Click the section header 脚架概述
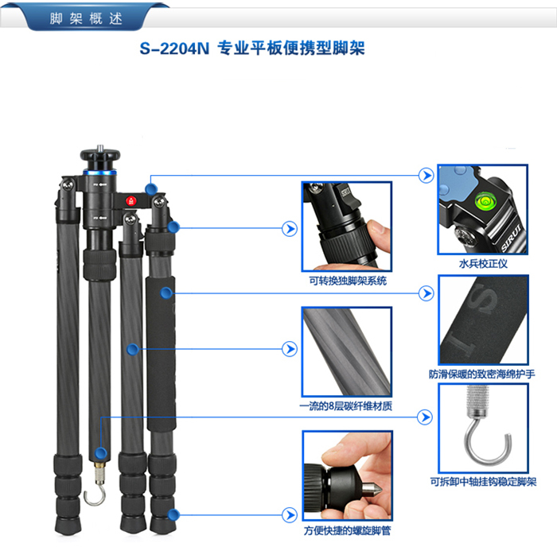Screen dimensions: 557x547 click(x=86, y=18)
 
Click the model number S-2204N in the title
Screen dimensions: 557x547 click(x=174, y=48)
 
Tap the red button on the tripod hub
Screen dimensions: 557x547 click(x=130, y=201)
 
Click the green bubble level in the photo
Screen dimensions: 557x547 click(x=484, y=200)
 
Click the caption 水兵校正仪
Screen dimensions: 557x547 click(x=483, y=264)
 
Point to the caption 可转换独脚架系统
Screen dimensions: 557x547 click(x=348, y=281)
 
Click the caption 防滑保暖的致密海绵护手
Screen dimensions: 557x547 click(x=481, y=374)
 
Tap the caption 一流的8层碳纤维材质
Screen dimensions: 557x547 click(x=346, y=405)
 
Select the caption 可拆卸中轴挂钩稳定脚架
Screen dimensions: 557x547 click(x=483, y=482)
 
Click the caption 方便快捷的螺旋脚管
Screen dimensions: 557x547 click(x=347, y=530)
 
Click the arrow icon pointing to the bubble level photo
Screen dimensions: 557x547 click(x=426, y=176)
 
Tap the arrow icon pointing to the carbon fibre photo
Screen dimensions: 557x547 click(x=290, y=349)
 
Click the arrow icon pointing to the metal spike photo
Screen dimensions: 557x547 click(x=290, y=514)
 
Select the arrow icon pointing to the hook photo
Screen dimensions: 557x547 click(x=425, y=417)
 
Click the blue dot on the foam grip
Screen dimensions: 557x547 click(x=166, y=293)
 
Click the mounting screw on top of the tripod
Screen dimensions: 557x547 click(x=100, y=147)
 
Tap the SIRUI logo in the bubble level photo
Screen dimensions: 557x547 click(x=511, y=239)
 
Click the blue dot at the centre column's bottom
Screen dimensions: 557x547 click(x=101, y=453)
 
